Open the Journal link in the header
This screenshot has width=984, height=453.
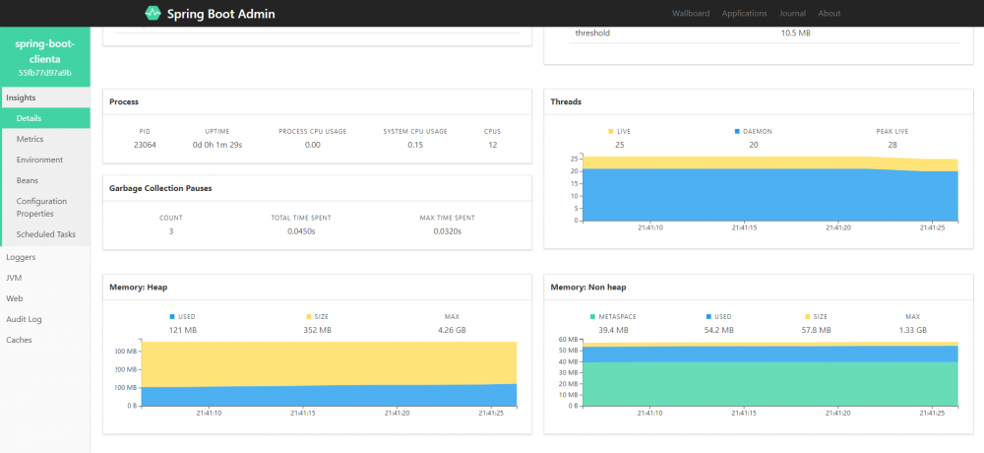(792, 14)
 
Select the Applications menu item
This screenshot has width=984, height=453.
(744, 14)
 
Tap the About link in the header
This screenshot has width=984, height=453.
(830, 14)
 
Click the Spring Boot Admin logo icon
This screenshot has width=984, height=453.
(153, 14)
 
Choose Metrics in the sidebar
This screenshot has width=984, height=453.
(31, 139)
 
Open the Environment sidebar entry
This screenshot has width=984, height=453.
(39, 160)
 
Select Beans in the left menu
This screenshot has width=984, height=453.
(28, 180)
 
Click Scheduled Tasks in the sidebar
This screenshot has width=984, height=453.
(46, 234)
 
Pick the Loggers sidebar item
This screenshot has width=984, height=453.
(21, 256)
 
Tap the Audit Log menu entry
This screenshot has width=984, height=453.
(24, 319)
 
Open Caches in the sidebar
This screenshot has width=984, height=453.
(19, 340)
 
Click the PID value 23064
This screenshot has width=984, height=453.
(145, 145)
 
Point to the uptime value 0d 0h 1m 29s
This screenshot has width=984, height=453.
(217, 145)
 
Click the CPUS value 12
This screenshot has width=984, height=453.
(492, 145)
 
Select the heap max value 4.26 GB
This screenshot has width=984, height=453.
(452, 330)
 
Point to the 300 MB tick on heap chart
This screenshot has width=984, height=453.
(125, 352)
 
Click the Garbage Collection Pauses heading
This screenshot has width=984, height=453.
(160, 187)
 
